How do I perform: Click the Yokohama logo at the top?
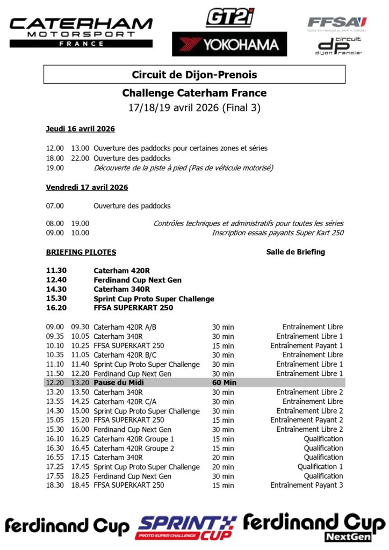click(229, 44)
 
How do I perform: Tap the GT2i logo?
click(230, 18)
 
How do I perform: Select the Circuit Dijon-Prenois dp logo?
click(338, 46)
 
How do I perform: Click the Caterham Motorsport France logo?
click(81, 31)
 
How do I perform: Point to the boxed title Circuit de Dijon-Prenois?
click(195, 75)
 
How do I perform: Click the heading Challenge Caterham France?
click(195, 93)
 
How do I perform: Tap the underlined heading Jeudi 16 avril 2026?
click(80, 129)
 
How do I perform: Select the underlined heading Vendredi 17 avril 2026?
click(87, 187)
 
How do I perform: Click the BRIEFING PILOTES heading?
click(81, 252)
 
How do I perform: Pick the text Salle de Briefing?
click(296, 252)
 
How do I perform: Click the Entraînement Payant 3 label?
click(306, 485)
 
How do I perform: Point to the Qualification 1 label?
click(320, 467)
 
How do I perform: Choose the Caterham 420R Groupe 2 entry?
click(134, 448)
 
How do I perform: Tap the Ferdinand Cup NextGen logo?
click(314, 527)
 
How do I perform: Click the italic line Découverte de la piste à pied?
click(183, 168)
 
